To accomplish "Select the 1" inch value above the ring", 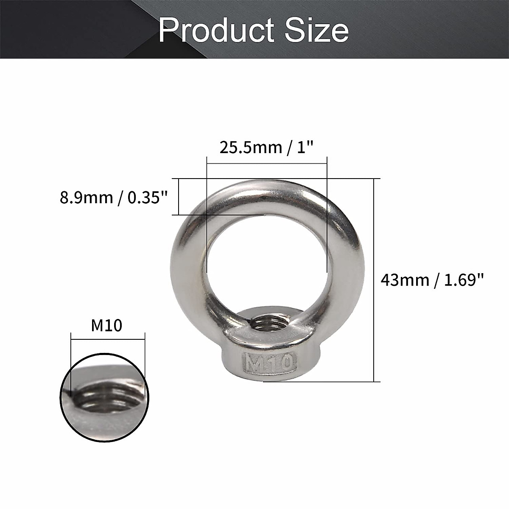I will pyautogui.click(x=304, y=148).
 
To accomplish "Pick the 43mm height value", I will pyautogui.click(x=405, y=280).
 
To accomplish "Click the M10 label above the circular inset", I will pyautogui.click(x=107, y=326).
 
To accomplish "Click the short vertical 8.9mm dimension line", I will pyautogui.click(x=179, y=197).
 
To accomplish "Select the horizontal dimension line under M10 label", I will pyautogui.click(x=108, y=338).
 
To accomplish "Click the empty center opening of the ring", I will pyautogui.click(x=266, y=259).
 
